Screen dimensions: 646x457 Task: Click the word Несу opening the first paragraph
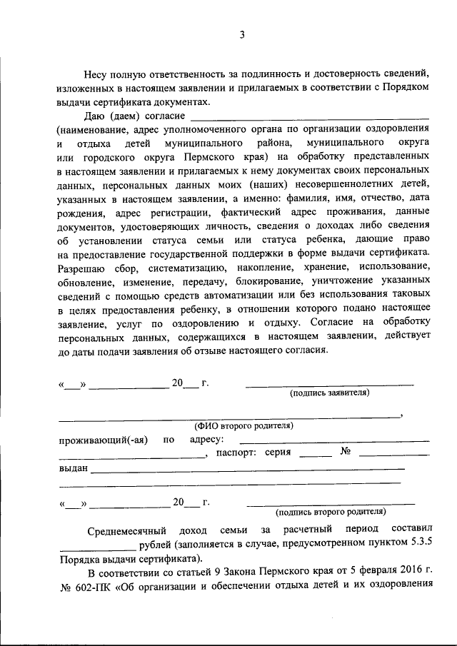click(x=97, y=73)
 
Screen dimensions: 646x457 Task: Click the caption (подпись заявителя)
click(x=329, y=393)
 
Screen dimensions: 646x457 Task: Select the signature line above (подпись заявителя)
click(x=329, y=385)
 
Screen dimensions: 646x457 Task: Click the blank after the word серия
click(x=315, y=455)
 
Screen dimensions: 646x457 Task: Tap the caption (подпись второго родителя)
click(x=331, y=511)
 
